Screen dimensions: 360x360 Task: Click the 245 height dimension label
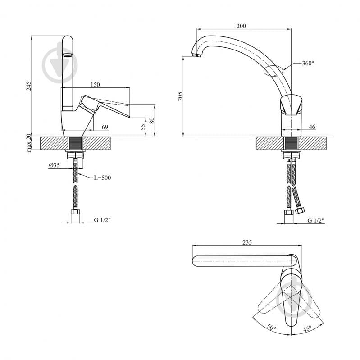pyautogui.click(x=29, y=85)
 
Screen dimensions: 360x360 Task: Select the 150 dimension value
pyautogui.click(x=95, y=85)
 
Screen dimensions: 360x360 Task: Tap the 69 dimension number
pyautogui.click(x=105, y=128)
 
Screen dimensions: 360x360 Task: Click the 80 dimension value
pyautogui.click(x=152, y=120)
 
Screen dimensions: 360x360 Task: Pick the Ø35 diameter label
pyautogui.click(x=55, y=165)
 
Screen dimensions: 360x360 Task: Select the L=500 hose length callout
pyautogui.click(x=102, y=178)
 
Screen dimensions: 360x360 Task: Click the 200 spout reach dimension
pyautogui.click(x=241, y=26)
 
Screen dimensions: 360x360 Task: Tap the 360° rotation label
pyautogui.click(x=308, y=64)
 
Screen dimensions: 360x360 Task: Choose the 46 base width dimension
pyautogui.click(x=312, y=128)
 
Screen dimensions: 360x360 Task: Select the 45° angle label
pyautogui.click(x=307, y=328)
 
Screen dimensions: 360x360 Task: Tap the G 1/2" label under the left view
pyautogui.click(x=102, y=220)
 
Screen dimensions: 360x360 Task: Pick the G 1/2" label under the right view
pyautogui.click(x=315, y=220)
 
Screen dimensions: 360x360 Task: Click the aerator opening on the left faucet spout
pyautogui.click(x=66, y=55)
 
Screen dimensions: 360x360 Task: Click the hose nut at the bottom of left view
pyautogui.click(x=76, y=212)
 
